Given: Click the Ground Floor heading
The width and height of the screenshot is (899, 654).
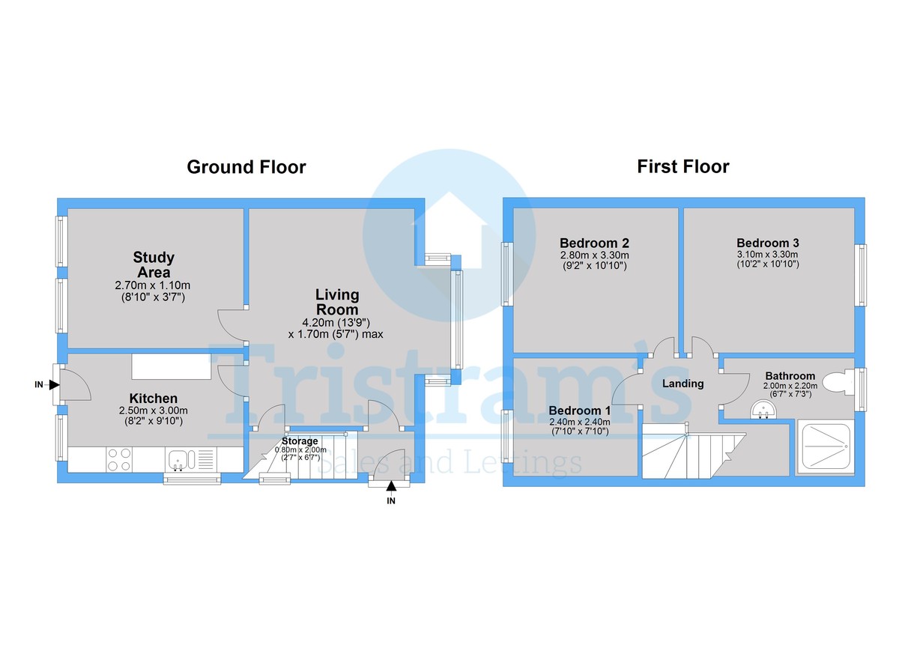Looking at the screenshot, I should tap(246, 167).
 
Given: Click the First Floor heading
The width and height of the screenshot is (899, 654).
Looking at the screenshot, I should tap(682, 166).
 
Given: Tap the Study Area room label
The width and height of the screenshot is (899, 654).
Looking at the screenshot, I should tap(154, 264).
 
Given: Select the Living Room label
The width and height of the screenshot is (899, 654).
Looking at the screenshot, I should tap(336, 302).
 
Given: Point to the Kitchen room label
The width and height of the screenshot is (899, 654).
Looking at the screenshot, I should tap(154, 398).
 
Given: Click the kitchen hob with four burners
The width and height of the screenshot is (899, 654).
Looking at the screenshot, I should tap(118, 458).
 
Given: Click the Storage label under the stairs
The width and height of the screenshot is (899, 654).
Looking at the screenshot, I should tap(300, 441).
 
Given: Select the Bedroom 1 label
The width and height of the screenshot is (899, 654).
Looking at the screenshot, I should tap(579, 411).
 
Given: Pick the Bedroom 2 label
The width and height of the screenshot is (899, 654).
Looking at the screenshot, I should tap(594, 243).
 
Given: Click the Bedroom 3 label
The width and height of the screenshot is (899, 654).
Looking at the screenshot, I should tap(767, 243).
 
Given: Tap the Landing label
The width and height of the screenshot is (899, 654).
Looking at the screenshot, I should tap(682, 384).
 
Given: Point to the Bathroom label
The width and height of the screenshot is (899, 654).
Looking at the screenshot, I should tap(790, 376).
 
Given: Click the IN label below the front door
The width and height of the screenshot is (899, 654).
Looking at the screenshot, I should tap(390, 501).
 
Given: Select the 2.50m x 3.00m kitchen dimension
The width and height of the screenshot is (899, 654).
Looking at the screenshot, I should tap(154, 411).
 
